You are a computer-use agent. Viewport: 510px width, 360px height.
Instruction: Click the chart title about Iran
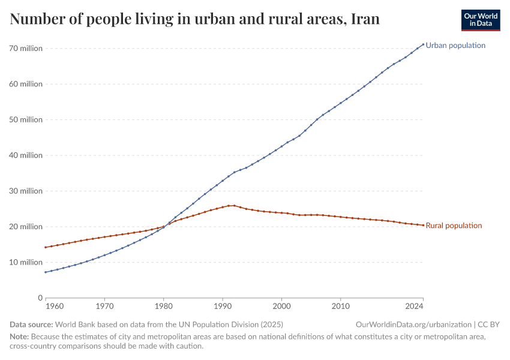[x=195, y=19]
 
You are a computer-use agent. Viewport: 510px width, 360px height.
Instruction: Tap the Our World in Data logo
[x=480, y=20]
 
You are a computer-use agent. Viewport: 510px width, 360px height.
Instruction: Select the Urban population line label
[x=455, y=46]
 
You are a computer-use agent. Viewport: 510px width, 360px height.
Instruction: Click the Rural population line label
[x=454, y=226]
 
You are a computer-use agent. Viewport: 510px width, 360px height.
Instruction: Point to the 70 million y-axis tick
[x=26, y=49]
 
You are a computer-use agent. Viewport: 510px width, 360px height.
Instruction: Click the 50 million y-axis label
[x=26, y=120]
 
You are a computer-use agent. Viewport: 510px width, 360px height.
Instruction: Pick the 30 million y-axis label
[x=26, y=191]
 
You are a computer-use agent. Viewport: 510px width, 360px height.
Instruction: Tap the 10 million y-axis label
[x=26, y=262]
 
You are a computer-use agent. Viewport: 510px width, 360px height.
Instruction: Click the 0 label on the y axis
[x=40, y=298]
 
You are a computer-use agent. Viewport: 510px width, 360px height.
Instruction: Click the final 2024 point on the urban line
[x=423, y=44]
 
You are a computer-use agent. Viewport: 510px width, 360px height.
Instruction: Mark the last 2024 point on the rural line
[x=423, y=225]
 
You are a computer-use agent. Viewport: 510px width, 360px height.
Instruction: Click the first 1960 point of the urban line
[x=45, y=272]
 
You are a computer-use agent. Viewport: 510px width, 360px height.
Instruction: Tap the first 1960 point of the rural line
[x=45, y=247]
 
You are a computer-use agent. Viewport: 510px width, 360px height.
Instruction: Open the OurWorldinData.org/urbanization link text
[x=413, y=325]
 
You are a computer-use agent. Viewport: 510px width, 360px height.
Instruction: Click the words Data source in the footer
[x=31, y=325]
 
